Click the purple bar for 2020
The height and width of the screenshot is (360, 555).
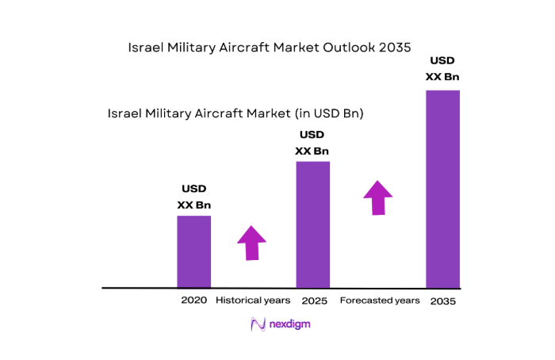(193, 251)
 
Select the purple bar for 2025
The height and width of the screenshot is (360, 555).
(312, 224)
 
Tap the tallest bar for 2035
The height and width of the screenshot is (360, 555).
(442, 189)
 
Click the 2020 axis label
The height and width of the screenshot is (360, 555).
(193, 301)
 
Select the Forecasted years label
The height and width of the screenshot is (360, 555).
(379, 301)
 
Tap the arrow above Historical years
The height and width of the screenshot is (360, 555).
(252, 242)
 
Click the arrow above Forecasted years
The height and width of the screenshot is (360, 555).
(378, 197)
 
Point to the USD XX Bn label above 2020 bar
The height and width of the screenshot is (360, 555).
(194, 197)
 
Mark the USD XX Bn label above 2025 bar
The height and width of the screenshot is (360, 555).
(312, 143)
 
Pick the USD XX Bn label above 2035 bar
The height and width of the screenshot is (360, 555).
(442, 68)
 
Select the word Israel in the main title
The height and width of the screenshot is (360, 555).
(146, 48)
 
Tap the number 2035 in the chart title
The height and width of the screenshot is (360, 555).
(393, 48)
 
